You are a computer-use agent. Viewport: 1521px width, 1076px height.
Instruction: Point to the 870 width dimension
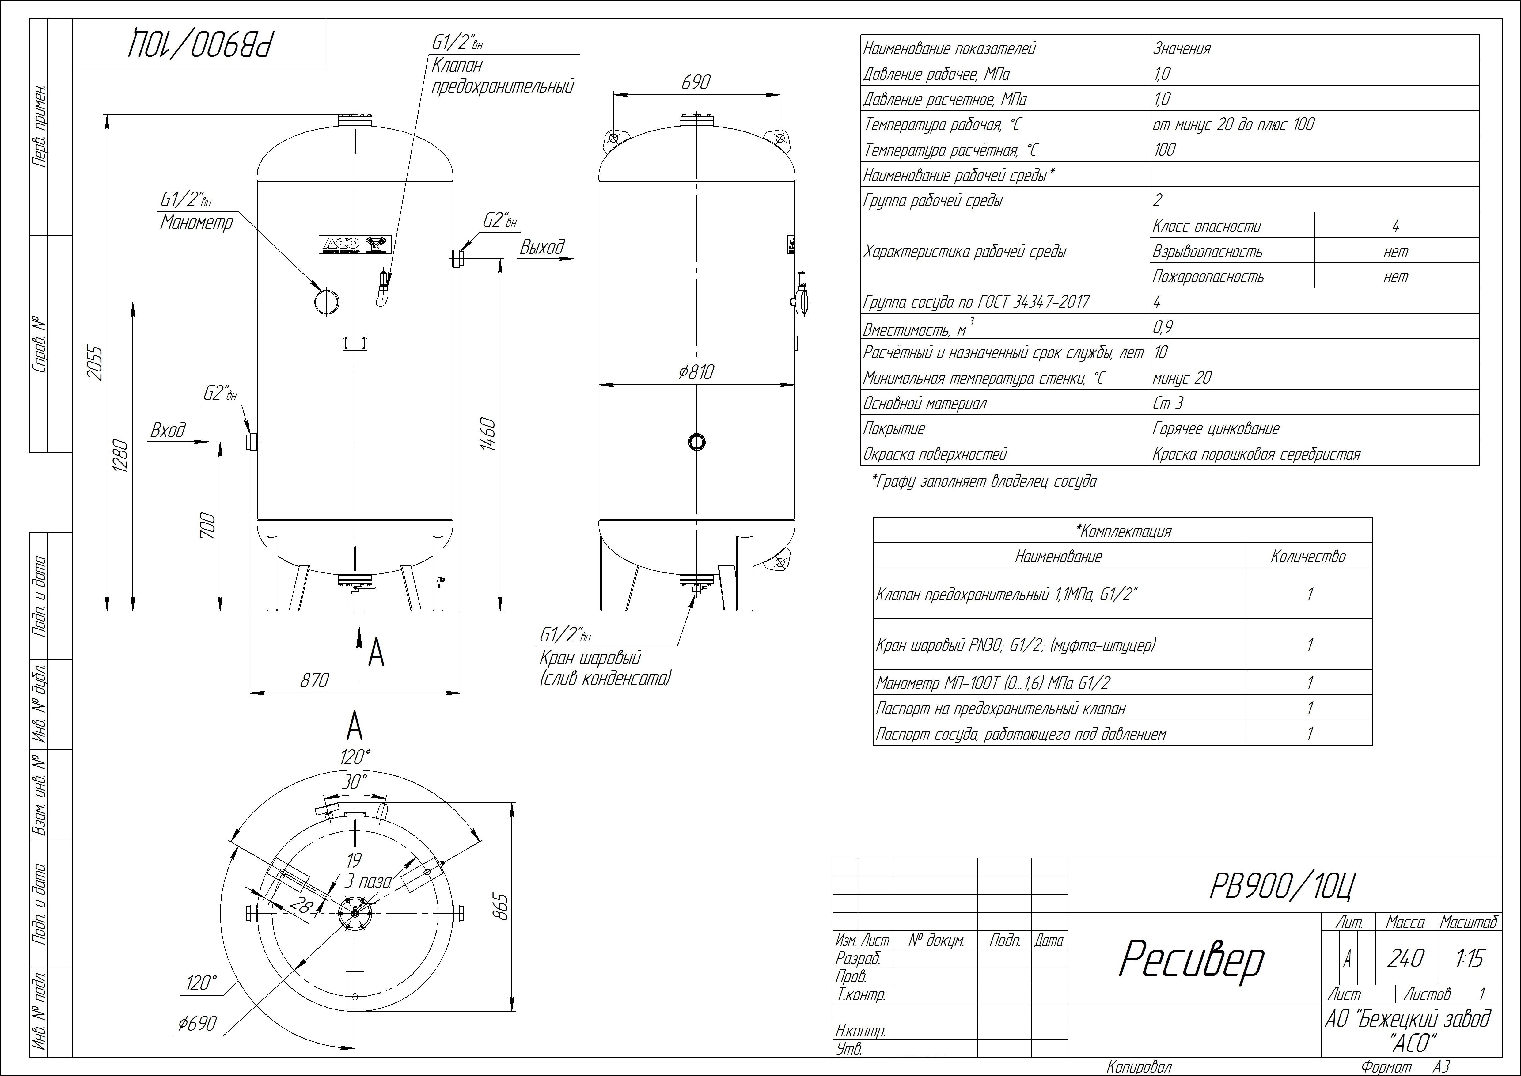(x=314, y=680)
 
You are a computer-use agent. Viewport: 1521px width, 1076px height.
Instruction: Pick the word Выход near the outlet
(x=542, y=248)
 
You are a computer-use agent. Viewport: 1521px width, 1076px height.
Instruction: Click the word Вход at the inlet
(x=168, y=431)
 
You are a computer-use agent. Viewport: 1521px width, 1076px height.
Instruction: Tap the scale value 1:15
(x=1470, y=958)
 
